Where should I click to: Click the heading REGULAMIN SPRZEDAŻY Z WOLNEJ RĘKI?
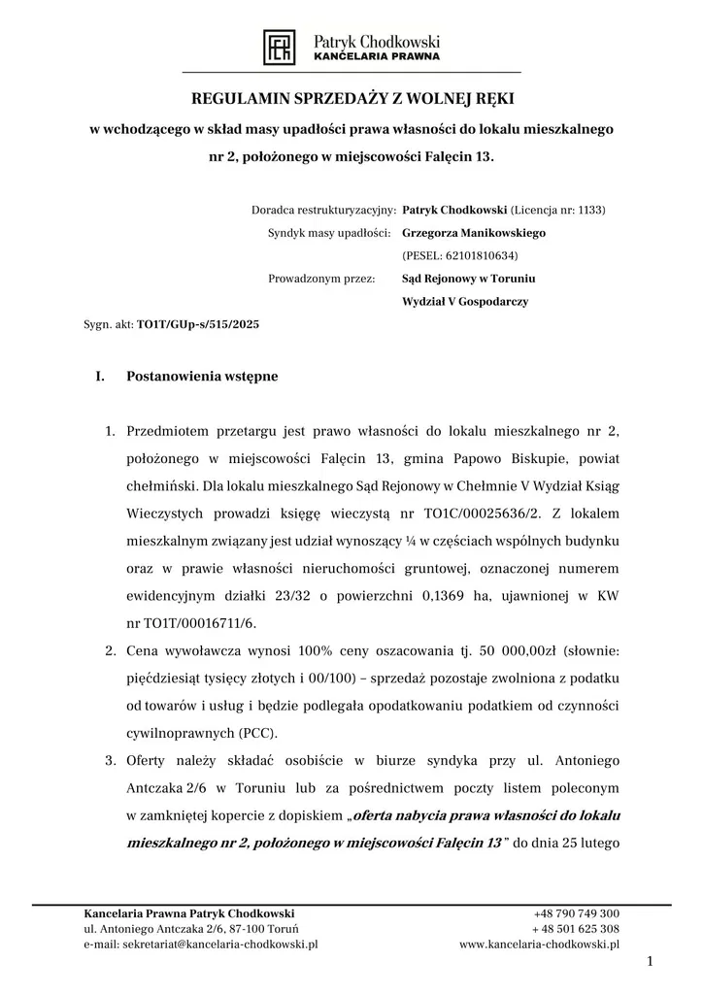point(351,99)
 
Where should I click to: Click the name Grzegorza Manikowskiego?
point(474,233)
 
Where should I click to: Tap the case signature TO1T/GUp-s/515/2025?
point(199,325)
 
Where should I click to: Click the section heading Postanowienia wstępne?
point(202,377)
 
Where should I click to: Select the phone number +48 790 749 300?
point(577,913)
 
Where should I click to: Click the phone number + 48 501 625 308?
point(575,929)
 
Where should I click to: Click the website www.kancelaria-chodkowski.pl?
point(539,944)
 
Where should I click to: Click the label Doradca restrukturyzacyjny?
point(322,209)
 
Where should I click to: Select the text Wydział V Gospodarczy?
point(465,302)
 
